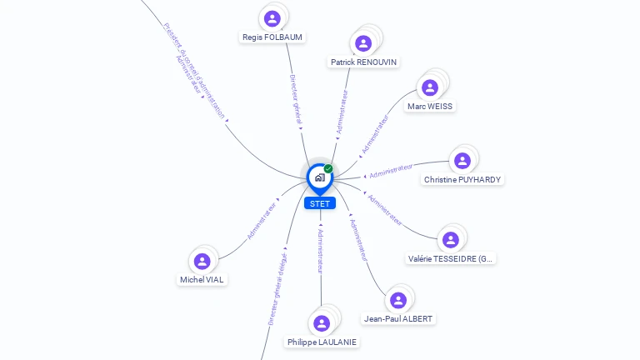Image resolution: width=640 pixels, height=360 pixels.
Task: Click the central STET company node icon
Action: [319, 177]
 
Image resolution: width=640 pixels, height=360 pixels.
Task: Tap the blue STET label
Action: [320, 203]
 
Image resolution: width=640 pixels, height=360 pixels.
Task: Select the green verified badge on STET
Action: [328, 168]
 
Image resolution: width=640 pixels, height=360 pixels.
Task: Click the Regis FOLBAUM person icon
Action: [272, 18]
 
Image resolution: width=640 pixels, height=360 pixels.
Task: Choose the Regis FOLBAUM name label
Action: [272, 37]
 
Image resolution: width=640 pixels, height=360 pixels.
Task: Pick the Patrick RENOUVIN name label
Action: [363, 62]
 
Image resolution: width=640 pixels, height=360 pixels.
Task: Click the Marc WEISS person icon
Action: [430, 87]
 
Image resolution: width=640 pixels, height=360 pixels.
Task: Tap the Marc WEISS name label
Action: [431, 107]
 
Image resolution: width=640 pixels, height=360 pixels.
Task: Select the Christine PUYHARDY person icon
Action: [462, 160]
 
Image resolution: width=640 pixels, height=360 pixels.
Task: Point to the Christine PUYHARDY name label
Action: [463, 180]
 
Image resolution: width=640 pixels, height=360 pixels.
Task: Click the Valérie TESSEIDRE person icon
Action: [451, 240]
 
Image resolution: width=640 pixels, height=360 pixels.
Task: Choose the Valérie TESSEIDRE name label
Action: [451, 259]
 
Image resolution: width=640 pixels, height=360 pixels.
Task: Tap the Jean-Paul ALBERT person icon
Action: [398, 300]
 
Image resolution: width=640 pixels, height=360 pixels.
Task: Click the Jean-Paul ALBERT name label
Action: [399, 319]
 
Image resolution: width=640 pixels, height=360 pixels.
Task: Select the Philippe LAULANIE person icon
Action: [321, 323]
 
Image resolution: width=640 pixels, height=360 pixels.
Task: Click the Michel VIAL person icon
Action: [202, 261]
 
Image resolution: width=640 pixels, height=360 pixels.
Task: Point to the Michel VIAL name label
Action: [202, 280]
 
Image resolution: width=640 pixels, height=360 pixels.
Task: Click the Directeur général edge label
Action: [295, 99]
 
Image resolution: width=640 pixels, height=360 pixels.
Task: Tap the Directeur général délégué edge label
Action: [277, 288]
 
